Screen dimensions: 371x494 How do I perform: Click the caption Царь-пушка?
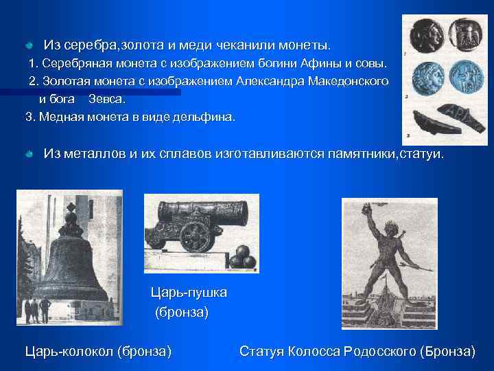(189, 293)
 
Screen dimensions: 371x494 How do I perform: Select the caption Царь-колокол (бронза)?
(98, 352)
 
